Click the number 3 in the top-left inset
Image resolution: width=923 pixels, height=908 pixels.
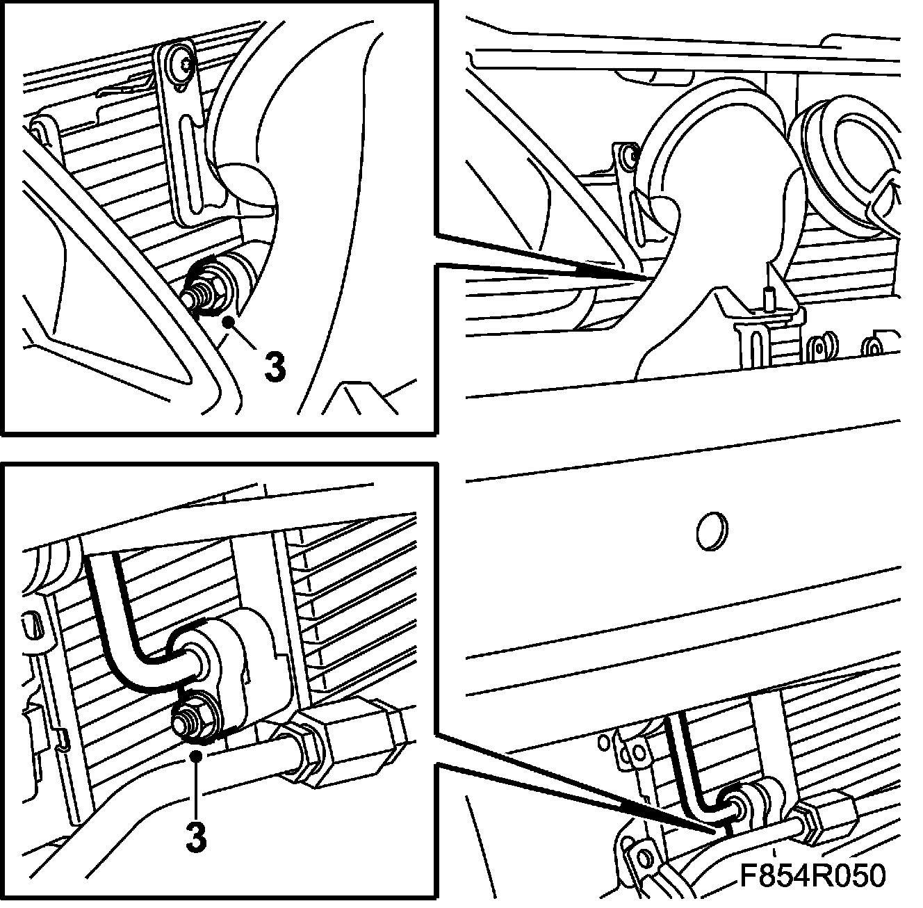[275, 368]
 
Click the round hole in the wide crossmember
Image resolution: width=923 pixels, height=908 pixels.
[712, 531]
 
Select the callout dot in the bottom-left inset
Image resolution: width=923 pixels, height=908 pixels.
[196, 756]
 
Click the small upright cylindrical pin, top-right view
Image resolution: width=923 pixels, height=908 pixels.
[768, 296]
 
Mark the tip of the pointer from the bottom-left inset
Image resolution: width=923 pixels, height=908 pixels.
[717, 832]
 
